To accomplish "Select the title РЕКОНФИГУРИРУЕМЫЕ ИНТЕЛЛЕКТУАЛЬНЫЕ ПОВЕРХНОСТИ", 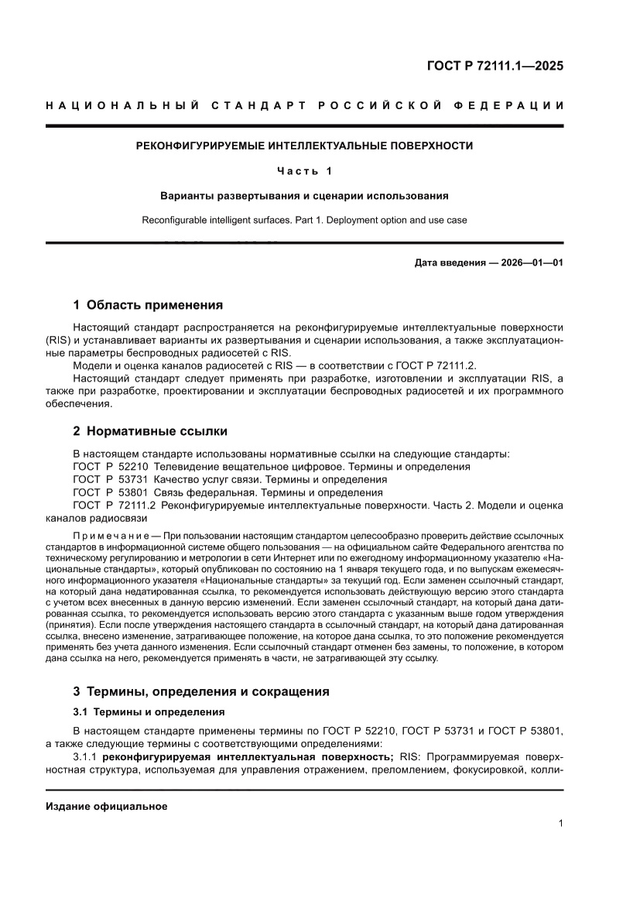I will click(x=304, y=145).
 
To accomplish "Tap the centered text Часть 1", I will click(x=304, y=171).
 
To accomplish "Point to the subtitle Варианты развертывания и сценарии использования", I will click(x=304, y=196).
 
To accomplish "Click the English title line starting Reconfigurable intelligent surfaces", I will click(x=304, y=220).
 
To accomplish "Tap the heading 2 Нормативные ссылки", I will click(x=149, y=430).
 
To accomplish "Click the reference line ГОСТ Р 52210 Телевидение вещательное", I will click(x=271, y=467).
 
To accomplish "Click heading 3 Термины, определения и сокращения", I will click(x=200, y=691).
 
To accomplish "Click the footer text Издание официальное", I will click(x=107, y=806).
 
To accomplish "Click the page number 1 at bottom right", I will click(x=560, y=824).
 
